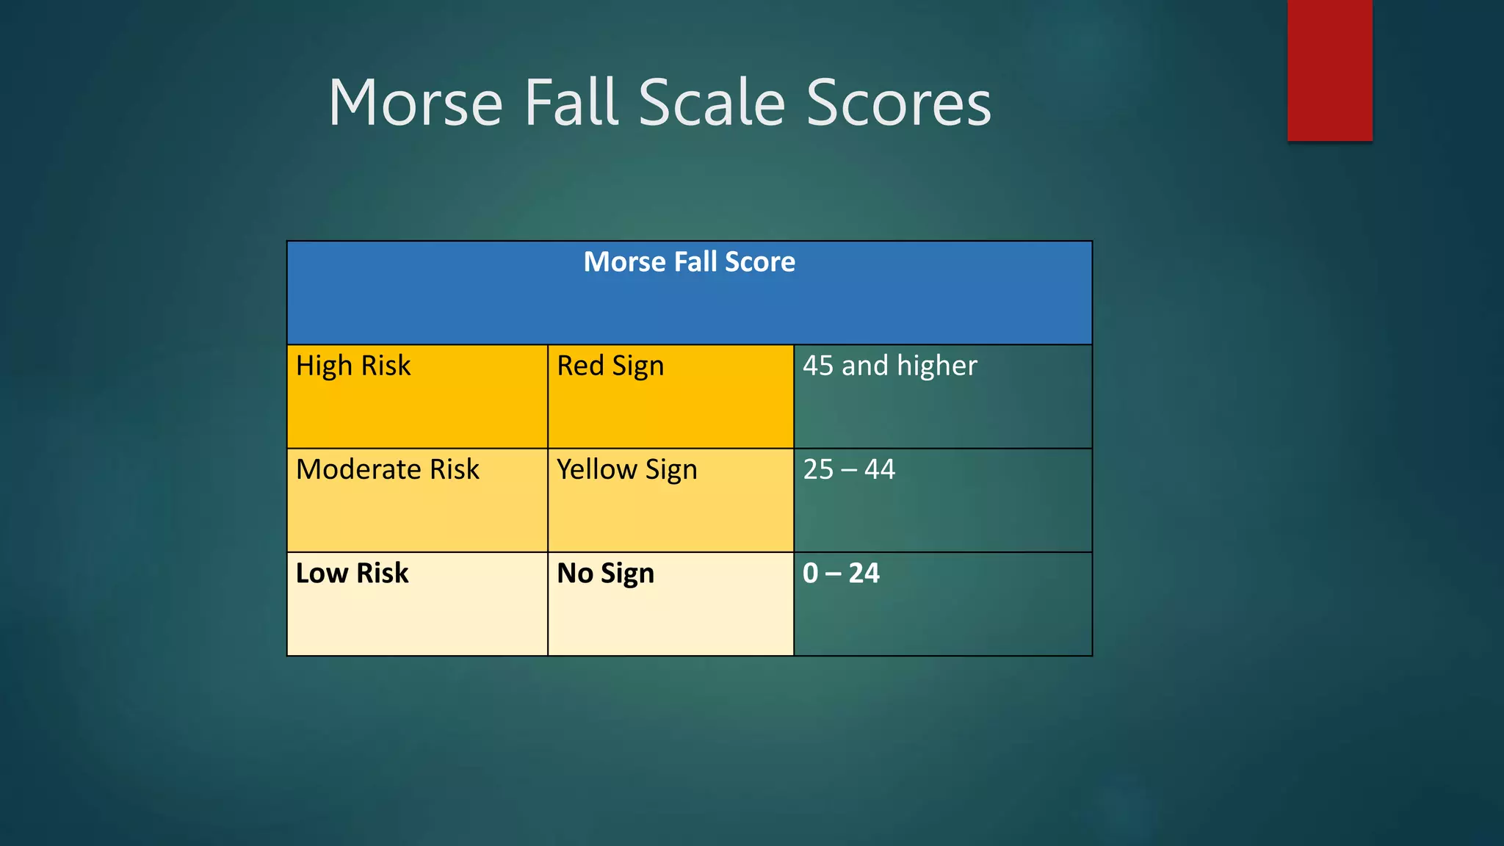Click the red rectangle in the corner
[1329, 70]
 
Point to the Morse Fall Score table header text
[689, 262]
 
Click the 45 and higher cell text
[889, 366]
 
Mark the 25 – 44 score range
[849, 469]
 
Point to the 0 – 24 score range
[841, 573]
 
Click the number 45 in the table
[818, 366]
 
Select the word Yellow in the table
[597, 469]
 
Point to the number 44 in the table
[880, 469]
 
